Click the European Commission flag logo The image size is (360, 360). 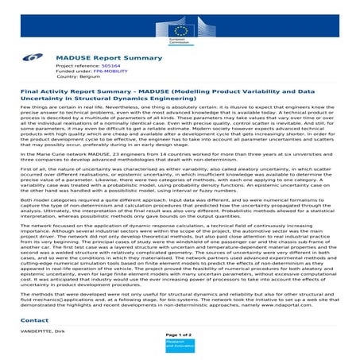click(180, 26)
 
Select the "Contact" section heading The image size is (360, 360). click(36, 319)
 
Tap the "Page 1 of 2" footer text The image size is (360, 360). click(180, 336)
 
